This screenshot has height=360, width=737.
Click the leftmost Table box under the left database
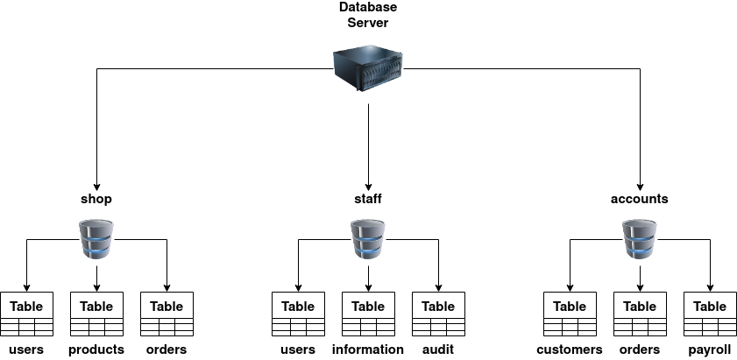pos(26,306)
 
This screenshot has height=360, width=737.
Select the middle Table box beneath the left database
pos(96,306)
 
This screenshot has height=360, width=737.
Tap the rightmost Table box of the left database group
pos(167,306)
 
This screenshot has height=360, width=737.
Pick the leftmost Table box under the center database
pos(298,306)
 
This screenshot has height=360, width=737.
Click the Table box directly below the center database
pos(368,306)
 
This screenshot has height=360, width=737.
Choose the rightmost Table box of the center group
pos(438,306)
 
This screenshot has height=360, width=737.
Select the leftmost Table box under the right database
pos(570,306)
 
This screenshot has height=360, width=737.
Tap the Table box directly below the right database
pos(640,306)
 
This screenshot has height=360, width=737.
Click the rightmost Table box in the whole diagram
pos(710,306)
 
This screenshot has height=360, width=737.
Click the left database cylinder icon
pos(96,239)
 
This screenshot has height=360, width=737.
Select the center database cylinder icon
pos(368,239)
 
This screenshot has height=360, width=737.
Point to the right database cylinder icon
pos(640,239)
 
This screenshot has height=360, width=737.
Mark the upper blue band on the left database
pos(96,237)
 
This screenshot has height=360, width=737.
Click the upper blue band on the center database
pos(368,237)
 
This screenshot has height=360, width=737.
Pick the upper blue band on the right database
pos(640,237)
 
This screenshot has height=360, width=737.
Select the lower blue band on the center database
pos(368,250)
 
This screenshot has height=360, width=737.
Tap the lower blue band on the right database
pos(640,250)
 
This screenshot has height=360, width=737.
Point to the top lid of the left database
pos(96,224)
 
